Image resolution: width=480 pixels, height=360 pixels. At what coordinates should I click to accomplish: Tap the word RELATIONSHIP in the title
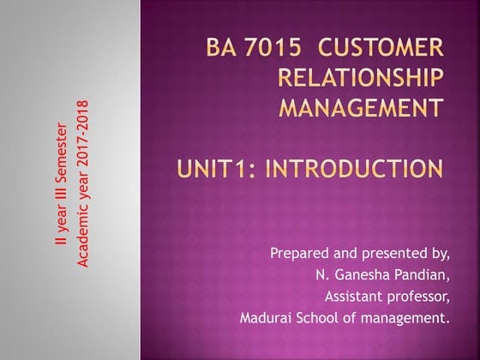pos(363,79)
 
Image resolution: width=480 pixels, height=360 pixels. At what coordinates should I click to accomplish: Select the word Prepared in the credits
pos(297,254)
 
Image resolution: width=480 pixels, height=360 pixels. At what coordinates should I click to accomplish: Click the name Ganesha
pos(363,276)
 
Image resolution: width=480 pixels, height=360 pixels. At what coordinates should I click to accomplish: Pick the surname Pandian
pos(421,276)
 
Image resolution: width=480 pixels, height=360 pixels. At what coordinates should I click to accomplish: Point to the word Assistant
pos(354,297)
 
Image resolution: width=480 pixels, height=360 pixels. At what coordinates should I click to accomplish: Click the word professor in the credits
pos(420,297)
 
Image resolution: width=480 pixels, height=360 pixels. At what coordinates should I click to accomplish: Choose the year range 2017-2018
pos(84,117)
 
